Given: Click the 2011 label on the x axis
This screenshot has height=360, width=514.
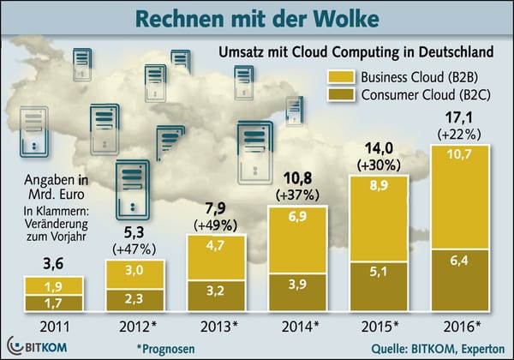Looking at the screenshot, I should pos(52,326).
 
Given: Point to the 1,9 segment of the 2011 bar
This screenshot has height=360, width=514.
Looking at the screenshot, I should pos(52,285).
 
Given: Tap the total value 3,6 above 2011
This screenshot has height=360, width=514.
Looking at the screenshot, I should pos(52,261).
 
